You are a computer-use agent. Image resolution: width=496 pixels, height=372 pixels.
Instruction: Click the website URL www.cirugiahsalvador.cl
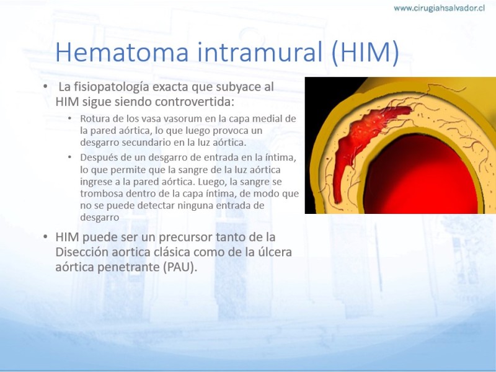439,8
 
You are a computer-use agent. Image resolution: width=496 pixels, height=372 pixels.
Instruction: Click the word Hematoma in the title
122,51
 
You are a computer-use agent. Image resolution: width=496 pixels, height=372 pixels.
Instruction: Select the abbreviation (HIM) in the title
365,53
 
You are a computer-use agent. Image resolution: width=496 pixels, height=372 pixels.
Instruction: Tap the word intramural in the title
260,51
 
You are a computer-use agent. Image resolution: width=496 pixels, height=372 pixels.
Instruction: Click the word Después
97,158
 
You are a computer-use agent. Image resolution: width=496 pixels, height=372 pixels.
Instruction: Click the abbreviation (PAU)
180,267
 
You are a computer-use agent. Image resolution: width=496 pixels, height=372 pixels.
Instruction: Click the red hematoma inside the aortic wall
358,143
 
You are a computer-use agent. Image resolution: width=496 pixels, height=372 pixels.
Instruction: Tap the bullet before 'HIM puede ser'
45,237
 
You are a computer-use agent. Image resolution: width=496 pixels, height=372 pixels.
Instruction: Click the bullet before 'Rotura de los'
69,118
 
